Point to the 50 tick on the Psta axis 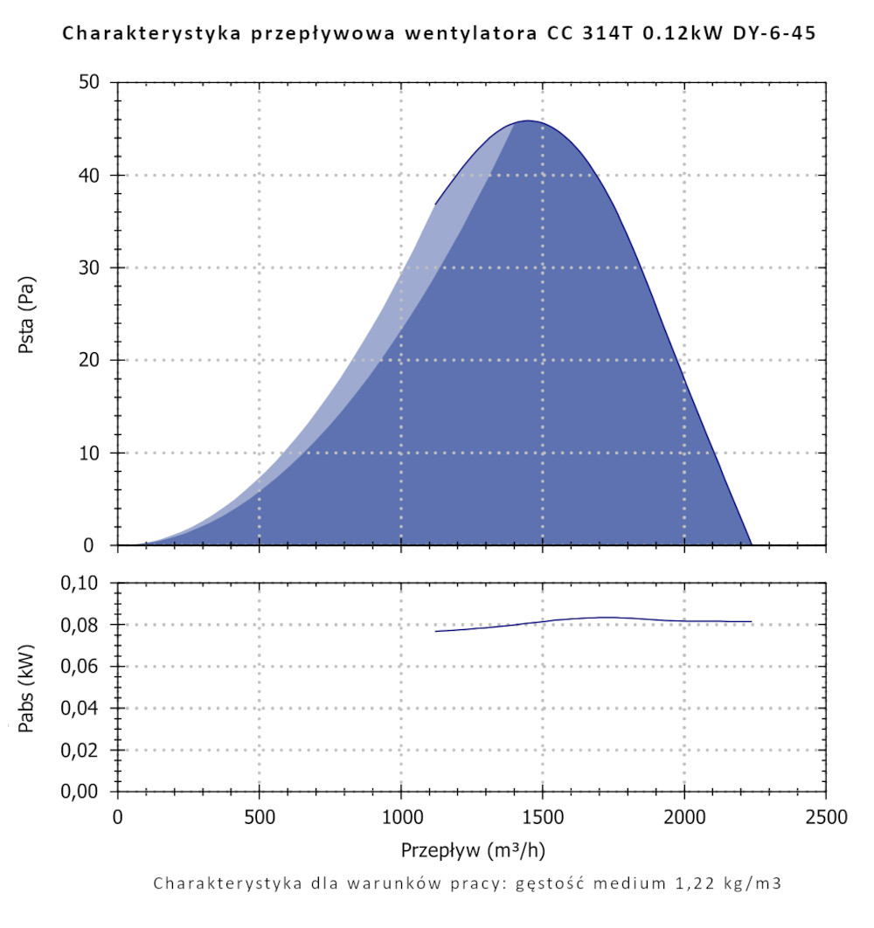(x=93, y=83)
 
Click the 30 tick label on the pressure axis (x=93, y=268)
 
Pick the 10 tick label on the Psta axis (x=93, y=454)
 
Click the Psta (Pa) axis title (x=28, y=315)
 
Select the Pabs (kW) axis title (x=28, y=687)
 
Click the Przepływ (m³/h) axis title (x=473, y=850)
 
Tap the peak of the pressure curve (x=528, y=121)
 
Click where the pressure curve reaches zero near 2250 (x=751, y=544)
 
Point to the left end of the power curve (x=435, y=631)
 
